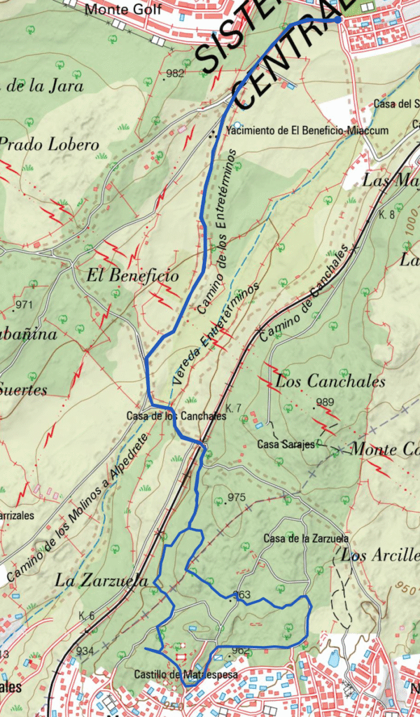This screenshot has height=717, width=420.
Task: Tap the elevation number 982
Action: (x=175, y=74)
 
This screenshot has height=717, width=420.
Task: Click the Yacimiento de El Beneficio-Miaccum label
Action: (x=297, y=130)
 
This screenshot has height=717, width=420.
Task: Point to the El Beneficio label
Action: (x=132, y=276)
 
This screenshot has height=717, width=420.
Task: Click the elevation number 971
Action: (x=24, y=305)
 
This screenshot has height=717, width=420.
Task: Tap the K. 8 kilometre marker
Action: (x=388, y=214)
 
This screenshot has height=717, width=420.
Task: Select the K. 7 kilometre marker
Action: (x=234, y=408)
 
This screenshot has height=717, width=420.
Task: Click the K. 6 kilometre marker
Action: (x=87, y=615)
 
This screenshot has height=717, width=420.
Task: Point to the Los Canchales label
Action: (x=330, y=382)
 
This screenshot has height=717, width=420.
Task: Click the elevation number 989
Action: (x=325, y=402)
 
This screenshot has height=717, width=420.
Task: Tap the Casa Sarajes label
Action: (x=286, y=445)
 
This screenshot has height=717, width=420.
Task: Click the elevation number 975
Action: (x=237, y=497)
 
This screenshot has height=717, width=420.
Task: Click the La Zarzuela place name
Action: (x=101, y=580)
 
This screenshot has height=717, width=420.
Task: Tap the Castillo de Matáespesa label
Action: (x=185, y=675)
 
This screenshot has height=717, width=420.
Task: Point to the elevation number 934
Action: (x=85, y=651)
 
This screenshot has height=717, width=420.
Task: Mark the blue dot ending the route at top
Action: (x=339, y=20)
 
